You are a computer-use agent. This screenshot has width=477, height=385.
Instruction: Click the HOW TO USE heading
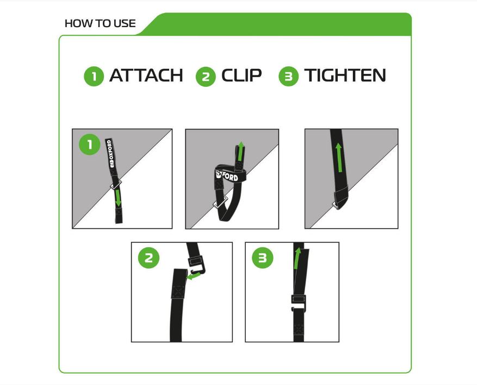100,23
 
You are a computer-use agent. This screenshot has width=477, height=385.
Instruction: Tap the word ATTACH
146,75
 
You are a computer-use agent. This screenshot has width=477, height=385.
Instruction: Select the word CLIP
241,75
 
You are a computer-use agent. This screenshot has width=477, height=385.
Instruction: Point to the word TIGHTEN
345,75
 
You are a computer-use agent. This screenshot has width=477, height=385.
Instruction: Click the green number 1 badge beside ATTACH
94,76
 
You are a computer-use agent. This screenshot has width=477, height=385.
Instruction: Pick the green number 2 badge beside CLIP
206,76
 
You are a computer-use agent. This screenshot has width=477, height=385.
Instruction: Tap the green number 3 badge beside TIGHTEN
288,76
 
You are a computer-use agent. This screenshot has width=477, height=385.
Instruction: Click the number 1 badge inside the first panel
89,144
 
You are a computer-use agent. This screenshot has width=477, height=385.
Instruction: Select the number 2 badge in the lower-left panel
149,258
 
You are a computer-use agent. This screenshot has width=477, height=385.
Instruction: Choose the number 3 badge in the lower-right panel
263,258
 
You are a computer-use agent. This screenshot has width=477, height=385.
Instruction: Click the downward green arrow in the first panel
117,198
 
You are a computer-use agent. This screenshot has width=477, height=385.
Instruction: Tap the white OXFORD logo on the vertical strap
109,153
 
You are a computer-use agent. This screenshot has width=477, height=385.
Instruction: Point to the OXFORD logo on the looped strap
227,175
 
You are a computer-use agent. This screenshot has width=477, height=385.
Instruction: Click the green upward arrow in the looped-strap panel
240,151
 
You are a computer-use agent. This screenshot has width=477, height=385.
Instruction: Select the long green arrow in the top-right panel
339,158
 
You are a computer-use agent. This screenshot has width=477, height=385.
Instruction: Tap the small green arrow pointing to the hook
194,276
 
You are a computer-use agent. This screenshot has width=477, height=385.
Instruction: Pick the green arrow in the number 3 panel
297,258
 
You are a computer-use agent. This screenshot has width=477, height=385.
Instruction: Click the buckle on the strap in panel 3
299,302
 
